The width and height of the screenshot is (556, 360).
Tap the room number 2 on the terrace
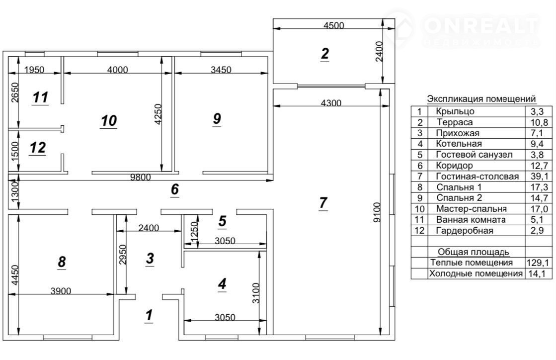tap(325, 54)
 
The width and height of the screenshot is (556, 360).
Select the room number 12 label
tap(38, 148)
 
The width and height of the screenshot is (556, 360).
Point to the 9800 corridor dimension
tap(141, 177)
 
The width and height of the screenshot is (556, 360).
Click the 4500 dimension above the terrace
tap(334, 25)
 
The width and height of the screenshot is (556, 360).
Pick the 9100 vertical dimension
tap(377, 212)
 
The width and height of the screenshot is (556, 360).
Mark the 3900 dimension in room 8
tap(61, 291)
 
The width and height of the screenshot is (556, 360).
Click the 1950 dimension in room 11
tap(34, 70)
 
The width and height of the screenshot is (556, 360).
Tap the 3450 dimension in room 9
tap(221, 70)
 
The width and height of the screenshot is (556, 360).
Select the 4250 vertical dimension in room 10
tap(159, 114)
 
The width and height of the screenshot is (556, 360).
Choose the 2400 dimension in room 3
tap(149, 228)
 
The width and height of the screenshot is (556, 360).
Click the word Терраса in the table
tap(455, 122)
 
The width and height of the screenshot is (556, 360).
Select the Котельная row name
tap(459, 144)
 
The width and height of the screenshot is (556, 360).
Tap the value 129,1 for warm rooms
tap(538, 263)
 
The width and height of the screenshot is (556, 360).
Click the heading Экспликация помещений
tap(481, 98)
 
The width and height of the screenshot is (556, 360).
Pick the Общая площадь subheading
tap(474, 252)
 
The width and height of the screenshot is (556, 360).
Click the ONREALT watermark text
tap(481, 25)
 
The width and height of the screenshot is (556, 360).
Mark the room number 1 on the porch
tap(149, 315)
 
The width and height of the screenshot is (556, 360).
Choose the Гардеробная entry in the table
tap(465, 231)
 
